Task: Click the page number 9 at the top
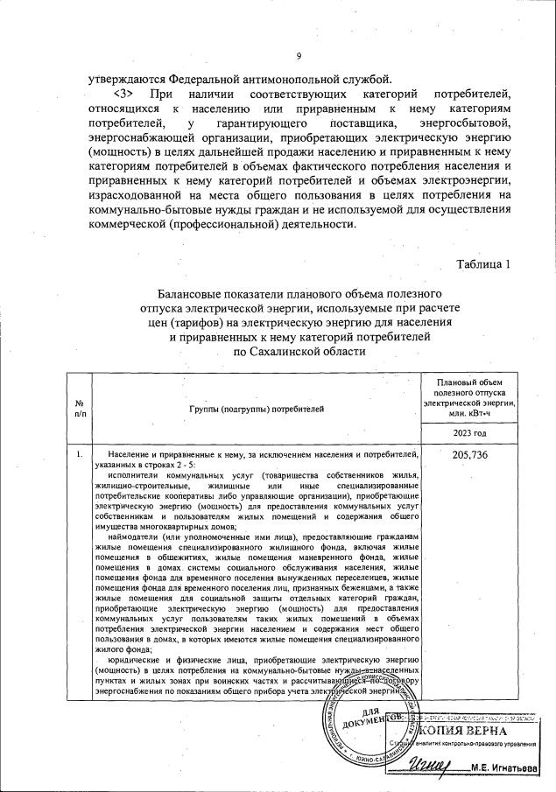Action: coord(299,58)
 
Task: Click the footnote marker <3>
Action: coord(127,93)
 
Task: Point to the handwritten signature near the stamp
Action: coord(433,767)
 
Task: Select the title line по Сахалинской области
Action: coord(299,351)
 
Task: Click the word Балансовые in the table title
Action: coord(194,291)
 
